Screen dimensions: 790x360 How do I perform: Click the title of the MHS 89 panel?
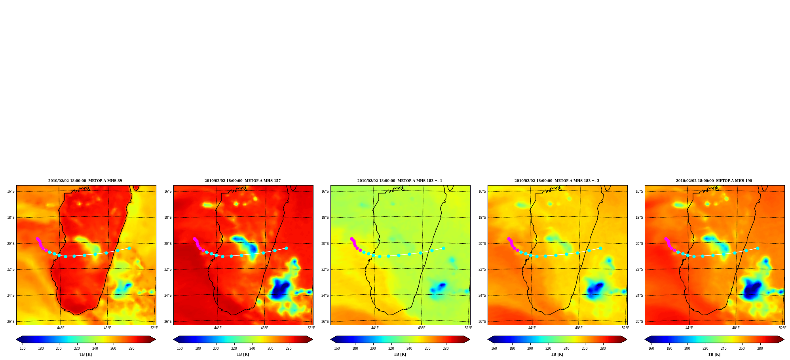pos(85,181)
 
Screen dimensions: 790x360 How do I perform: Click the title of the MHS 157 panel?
pos(243,181)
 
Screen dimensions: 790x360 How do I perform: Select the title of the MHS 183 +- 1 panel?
pos(400,181)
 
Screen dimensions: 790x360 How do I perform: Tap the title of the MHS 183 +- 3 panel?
pos(557,181)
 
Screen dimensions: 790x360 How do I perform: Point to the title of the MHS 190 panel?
pos(714,181)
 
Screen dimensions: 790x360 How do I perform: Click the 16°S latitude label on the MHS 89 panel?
pos(11,191)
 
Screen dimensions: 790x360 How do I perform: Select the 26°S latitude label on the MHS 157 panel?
pos(168,322)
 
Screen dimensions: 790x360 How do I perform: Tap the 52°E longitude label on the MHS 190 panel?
pos(782,328)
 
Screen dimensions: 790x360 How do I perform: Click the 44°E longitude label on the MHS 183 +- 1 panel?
pos(375,328)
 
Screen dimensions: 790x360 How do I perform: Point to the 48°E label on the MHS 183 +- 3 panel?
pos(579,328)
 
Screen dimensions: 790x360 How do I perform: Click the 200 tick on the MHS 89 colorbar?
pos(59,349)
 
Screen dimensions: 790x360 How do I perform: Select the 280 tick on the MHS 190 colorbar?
pos(760,349)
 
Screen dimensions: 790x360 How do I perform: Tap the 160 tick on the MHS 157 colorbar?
pos(180,349)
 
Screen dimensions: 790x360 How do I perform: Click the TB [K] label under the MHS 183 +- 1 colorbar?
pos(400,354)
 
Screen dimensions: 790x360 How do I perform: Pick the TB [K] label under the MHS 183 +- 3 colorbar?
pos(557,354)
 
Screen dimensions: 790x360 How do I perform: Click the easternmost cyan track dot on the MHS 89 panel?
pos(129,248)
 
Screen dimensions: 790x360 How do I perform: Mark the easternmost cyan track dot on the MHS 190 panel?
pos(758,248)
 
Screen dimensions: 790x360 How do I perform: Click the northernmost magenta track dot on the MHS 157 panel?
pos(194,239)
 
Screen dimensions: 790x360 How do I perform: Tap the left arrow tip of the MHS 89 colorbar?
pos(17,339)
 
